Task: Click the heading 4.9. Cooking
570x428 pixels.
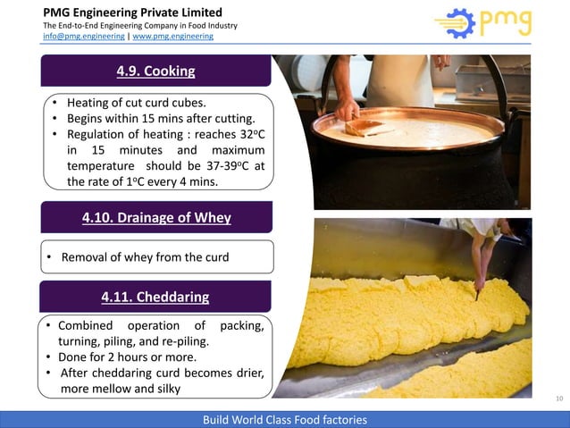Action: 156,71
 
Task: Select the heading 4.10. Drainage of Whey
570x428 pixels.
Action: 156,217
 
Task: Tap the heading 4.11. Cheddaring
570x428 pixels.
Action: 156,297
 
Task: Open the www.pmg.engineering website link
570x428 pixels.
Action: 173,37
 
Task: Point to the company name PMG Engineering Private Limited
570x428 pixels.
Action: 133,13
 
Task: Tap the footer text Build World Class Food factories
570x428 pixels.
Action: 285,419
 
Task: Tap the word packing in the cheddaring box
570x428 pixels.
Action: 239,325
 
